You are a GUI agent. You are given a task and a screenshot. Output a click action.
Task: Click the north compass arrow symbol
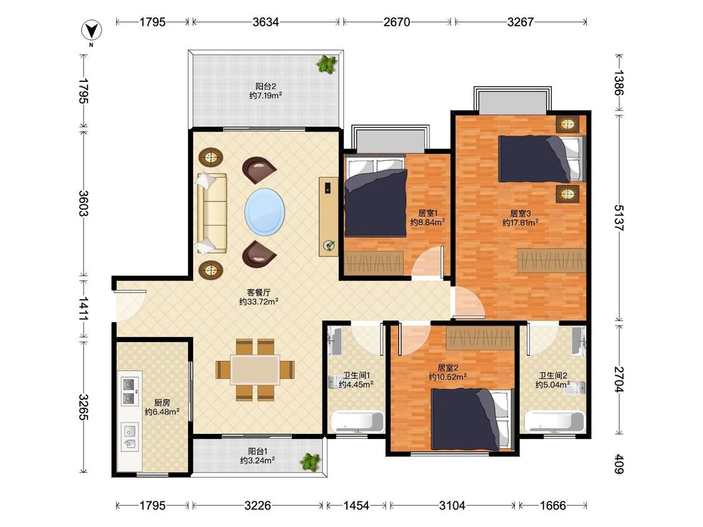91,31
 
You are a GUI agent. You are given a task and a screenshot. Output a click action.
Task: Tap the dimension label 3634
266,21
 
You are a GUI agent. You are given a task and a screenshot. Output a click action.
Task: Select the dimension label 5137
619,218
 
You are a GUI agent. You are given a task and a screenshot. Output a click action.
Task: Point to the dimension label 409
619,464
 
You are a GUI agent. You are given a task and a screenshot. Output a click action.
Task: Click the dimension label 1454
356,506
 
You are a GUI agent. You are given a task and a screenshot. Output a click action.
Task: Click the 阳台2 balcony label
266,86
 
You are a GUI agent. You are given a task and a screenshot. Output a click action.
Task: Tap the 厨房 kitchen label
162,402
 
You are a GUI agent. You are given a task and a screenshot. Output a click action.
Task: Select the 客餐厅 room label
259,293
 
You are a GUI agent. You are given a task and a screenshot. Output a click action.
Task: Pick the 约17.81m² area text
520,222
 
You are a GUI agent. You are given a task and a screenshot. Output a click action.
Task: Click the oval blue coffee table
264,212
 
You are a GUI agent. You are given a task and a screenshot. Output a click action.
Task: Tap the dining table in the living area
255,369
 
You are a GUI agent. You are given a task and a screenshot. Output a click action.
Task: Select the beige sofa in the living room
212,214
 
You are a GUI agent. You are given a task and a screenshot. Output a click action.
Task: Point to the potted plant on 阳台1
310,461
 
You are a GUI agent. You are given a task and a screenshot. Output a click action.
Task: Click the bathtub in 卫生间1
357,421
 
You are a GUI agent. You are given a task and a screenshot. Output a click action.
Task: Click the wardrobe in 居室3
551,260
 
